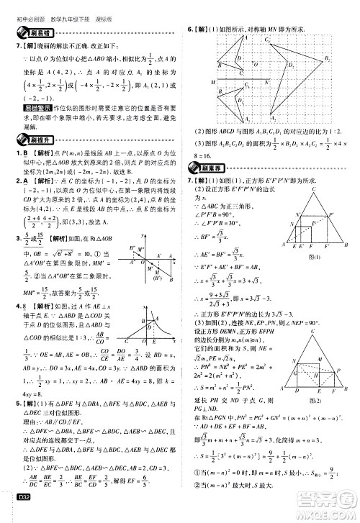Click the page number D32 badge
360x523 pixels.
click(x=15, y=512)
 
